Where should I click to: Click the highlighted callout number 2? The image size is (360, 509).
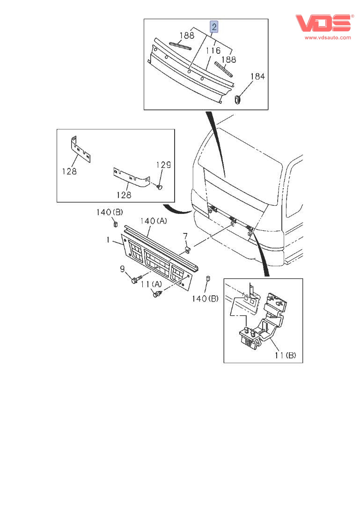point(214,27)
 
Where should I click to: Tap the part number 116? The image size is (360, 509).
point(213,51)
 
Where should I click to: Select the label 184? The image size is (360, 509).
point(257,76)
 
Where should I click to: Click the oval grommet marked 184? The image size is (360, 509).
point(238,99)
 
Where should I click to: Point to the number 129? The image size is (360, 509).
point(163,165)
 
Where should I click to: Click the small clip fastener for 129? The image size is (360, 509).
point(159,187)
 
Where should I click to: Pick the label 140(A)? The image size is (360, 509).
point(154,221)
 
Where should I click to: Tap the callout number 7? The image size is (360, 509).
point(185,236)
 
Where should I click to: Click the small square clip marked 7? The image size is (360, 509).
point(188,250)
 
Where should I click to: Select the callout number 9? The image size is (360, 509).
point(122,269)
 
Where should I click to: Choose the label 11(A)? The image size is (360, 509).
point(151,284)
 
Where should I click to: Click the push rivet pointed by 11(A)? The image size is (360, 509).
point(158,294)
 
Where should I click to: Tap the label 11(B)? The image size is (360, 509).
point(285,356)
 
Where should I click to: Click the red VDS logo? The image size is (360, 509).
point(323,23)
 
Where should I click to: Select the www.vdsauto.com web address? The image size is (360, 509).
point(328,37)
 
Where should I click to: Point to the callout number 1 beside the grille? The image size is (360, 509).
point(108,240)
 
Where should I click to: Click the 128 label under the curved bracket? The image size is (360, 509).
point(124,195)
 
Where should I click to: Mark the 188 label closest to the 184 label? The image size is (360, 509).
point(228,59)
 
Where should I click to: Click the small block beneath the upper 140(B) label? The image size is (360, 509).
point(115,224)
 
